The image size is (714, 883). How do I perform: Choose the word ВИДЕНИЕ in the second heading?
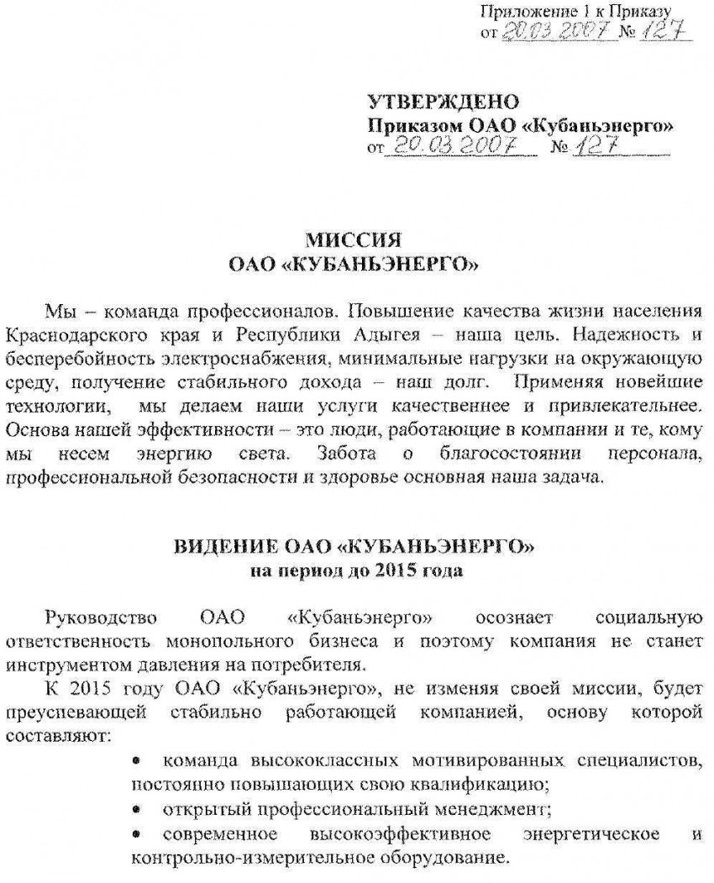click(x=216, y=547)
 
